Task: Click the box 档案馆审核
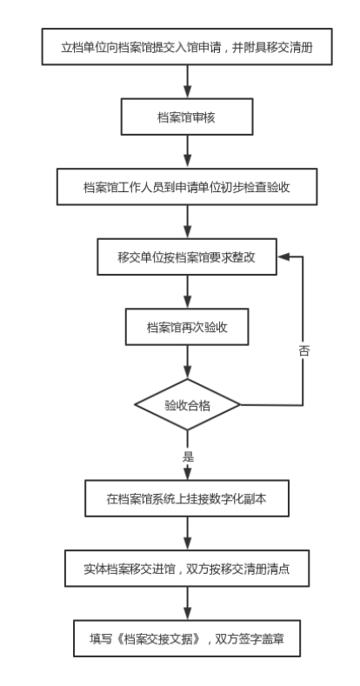tap(187, 117)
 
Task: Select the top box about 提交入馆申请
tap(187, 47)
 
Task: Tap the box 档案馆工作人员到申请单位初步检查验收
tap(187, 187)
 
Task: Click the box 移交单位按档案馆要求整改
tap(187, 256)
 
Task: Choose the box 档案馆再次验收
tap(187, 327)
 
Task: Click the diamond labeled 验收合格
tap(187, 404)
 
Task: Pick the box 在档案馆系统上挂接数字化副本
tap(187, 498)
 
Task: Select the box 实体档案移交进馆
tap(187, 569)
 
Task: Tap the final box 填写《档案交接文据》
tap(187, 638)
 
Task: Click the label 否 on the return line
tap(303, 351)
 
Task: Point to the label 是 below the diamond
tap(188, 456)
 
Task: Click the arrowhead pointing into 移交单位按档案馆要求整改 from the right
tap(283, 256)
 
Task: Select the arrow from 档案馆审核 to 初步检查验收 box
tap(188, 152)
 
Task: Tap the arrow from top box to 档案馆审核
tap(188, 82)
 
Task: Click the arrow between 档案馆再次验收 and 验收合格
tap(188, 362)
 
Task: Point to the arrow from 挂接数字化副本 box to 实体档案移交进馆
tap(188, 533)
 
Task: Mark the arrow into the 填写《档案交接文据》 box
tap(188, 603)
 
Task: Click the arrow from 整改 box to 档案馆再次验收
tap(188, 292)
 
